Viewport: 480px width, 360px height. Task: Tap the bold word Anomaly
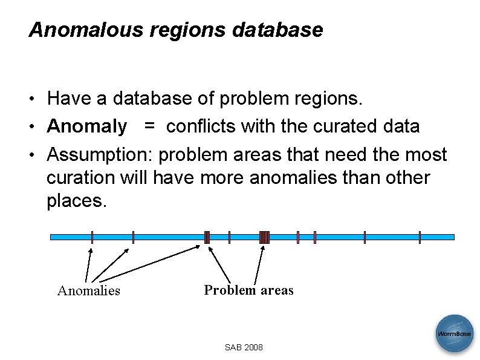(x=87, y=126)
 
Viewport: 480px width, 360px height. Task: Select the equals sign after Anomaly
(x=149, y=126)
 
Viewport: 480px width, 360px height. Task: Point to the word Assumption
(x=100, y=155)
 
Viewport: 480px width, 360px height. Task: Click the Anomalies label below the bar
(x=88, y=291)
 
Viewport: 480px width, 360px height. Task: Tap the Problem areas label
(x=248, y=290)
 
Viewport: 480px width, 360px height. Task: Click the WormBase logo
(x=455, y=333)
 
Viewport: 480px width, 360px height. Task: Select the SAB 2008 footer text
(x=244, y=348)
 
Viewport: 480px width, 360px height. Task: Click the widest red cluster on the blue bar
(x=264, y=237)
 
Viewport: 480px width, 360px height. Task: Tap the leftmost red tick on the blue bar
(x=92, y=237)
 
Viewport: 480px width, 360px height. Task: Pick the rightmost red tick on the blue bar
(x=420, y=237)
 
